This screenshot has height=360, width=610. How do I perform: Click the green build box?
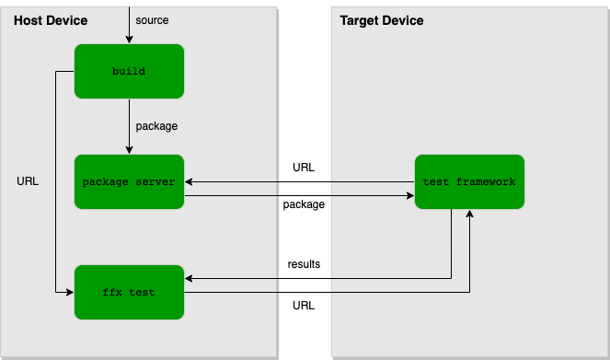point(129,71)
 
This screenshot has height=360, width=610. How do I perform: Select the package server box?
point(129,181)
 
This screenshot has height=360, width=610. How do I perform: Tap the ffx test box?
point(129,292)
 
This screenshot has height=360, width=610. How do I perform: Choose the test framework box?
point(469,181)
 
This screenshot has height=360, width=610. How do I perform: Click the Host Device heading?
point(51,20)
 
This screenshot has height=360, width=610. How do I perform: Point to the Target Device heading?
point(382,20)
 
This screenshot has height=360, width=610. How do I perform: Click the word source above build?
point(151,20)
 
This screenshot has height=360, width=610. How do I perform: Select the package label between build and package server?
point(156,126)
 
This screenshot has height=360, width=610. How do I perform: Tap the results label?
point(304,264)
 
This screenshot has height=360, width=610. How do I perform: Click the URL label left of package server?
point(28,181)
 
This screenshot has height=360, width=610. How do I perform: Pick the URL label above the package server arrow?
point(304,168)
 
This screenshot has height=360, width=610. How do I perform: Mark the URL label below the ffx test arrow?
point(304,306)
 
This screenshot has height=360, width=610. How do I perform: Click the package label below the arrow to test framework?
point(304,204)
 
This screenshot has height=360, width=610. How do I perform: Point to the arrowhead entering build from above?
point(129,40)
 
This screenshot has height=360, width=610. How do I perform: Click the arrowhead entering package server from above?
point(129,150)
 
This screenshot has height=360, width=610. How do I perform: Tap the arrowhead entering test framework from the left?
point(409,195)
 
